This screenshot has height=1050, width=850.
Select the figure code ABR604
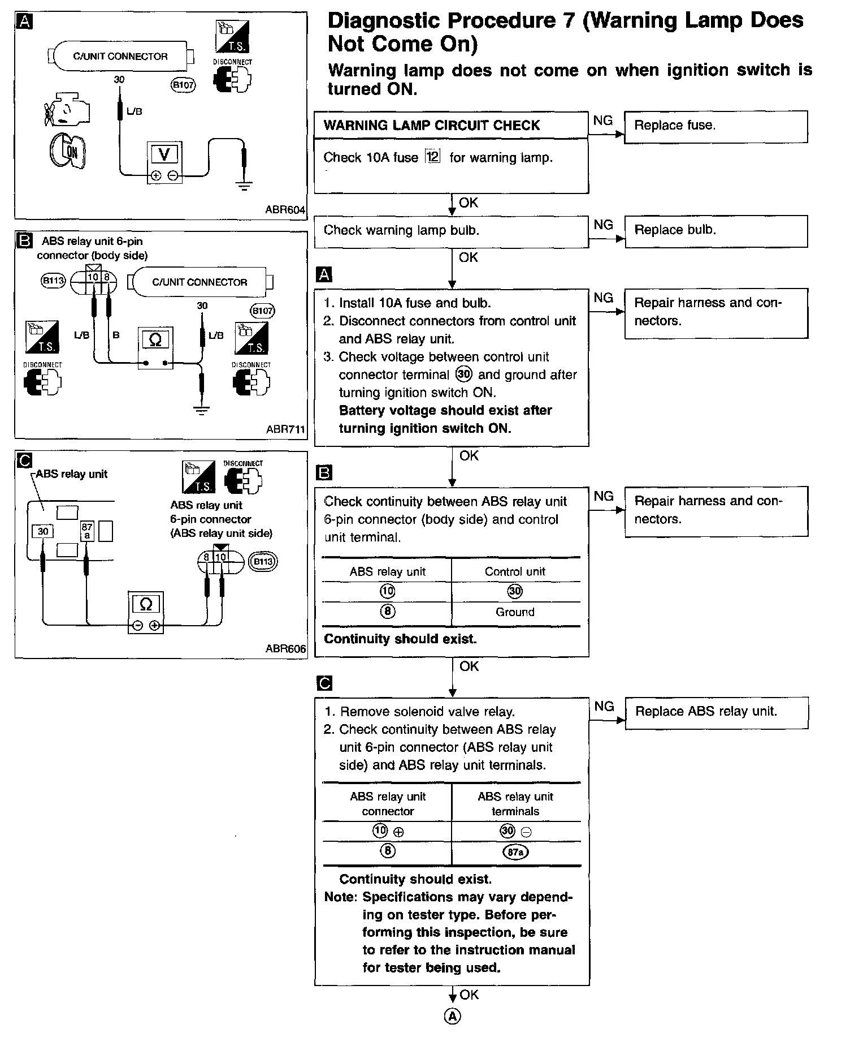[x=285, y=210]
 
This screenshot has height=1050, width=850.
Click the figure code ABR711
[x=285, y=429]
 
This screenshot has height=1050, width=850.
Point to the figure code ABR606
[x=285, y=649]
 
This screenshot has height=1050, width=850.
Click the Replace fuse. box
[x=716, y=127]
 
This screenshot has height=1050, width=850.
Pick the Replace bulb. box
[x=716, y=231]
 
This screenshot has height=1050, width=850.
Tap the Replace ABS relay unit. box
[x=717, y=713]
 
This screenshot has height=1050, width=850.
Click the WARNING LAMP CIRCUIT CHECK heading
[x=432, y=126]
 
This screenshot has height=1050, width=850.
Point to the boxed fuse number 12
[x=432, y=157]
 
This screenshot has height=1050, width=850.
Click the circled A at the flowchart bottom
[x=453, y=1017]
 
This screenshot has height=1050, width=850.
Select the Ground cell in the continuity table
[x=515, y=612]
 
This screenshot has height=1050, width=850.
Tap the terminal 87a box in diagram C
[x=86, y=531]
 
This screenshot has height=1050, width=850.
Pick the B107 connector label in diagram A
[x=183, y=85]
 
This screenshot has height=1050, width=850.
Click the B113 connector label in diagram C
[x=263, y=562]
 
